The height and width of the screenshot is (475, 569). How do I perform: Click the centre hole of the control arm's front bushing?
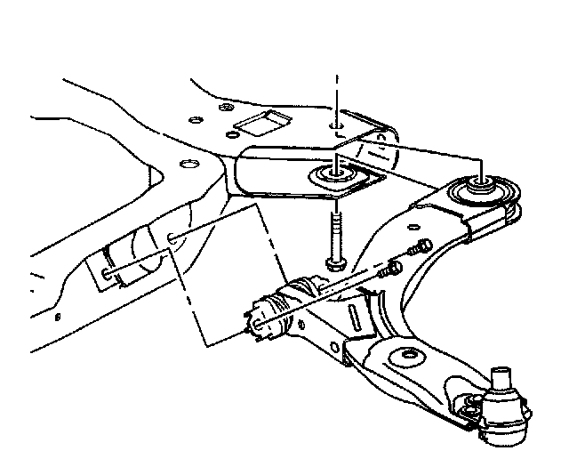484,188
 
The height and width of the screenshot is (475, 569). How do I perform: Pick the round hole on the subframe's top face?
187,164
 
